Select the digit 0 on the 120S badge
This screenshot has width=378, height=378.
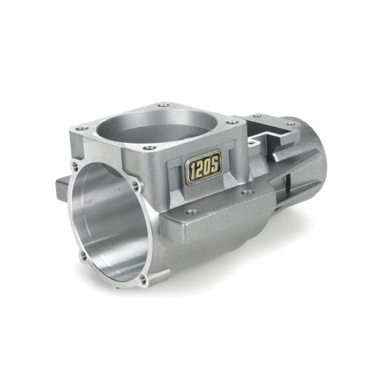coord(209,166)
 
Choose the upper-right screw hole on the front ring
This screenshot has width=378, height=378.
coord(135,185)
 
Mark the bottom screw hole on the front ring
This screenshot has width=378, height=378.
coord(143,280)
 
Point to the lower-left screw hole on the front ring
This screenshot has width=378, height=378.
coord(83,255)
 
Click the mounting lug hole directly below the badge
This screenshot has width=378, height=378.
coord(192,212)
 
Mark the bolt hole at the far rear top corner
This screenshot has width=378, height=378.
coord(290,123)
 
